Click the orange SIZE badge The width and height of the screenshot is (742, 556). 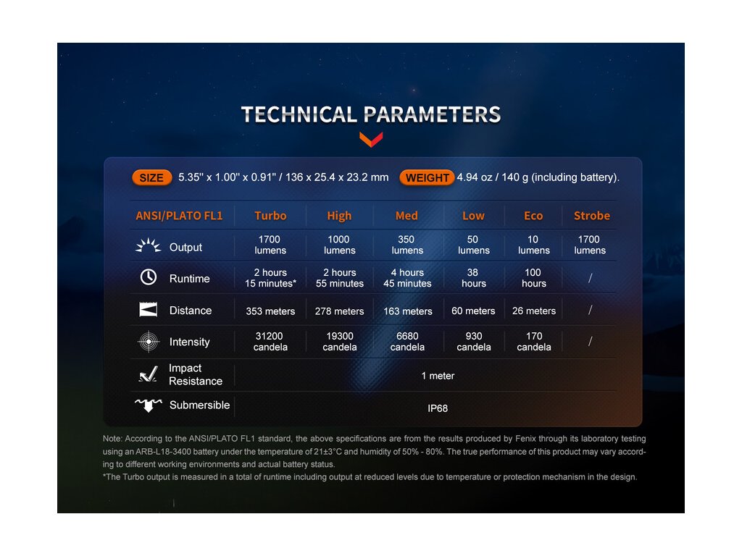pyautogui.click(x=152, y=178)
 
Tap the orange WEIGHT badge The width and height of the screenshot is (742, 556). pyautogui.click(x=427, y=178)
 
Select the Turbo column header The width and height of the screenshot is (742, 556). pyautogui.click(x=270, y=216)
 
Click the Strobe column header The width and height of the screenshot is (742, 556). pyautogui.click(x=591, y=216)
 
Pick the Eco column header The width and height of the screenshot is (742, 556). pyautogui.click(x=533, y=216)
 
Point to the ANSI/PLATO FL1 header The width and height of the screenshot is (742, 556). pyautogui.click(x=179, y=216)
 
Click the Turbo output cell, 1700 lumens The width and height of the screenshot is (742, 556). pyautogui.click(x=270, y=245)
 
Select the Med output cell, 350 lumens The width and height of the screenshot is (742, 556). pyautogui.click(x=407, y=245)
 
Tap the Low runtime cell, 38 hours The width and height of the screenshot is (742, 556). pyautogui.click(x=473, y=278)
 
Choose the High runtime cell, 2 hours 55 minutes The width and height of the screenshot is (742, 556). pyautogui.click(x=340, y=278)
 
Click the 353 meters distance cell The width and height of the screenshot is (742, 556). pyautogui.click(x=270, y=311)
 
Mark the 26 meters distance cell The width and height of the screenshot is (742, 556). pyautogui.click(x=534, y=311)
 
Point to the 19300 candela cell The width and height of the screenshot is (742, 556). pyautogui.click(x=340, y=342)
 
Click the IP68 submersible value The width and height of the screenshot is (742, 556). pyautogui.click(x=438, y=408)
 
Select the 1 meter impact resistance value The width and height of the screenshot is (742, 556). pyautogui.click(x=438, y=376)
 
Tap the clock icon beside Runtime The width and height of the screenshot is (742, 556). pyautogui.click(x=149, y=277)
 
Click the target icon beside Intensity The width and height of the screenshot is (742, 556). pyautogui.click(x=149, y=342)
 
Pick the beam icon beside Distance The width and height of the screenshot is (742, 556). pyautogui.click(x=149, y=310)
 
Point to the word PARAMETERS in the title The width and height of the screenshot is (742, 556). pyautogui.click(x=432, y=115)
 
